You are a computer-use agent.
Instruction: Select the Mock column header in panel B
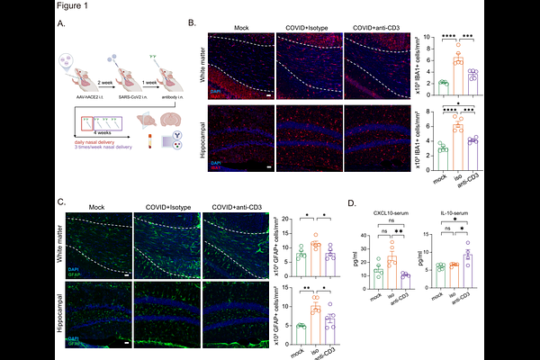point(239,28)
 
